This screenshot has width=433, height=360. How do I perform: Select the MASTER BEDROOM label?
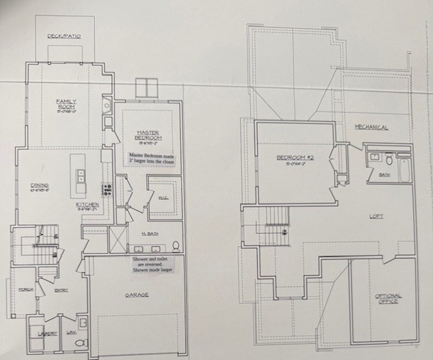147,135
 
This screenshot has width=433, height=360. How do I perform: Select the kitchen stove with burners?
106,190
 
